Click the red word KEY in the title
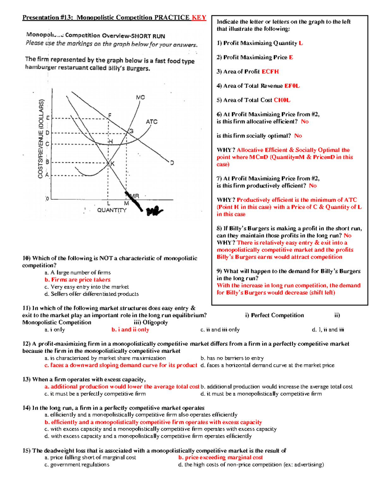[x=199, y=18]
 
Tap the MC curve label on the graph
[x=140, y=97]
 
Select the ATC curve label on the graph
[x=151, y=122]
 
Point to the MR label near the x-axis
[x=135, y=196]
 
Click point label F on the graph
[x=110, y=115]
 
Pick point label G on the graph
[x=131, y=131]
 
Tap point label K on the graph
[x=112, y=164]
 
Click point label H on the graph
[x=111, y=142]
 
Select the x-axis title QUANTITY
[x=111, y=210]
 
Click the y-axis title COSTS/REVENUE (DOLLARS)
[x=40, y=139]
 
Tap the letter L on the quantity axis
[x=109, y=204]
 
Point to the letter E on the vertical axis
[x=48, y=118]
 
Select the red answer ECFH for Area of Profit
[x=270, y=72]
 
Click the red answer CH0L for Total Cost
[x=282, y=100]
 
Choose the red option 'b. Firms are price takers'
[x=77, y=280]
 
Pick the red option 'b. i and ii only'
[x=130, y=330]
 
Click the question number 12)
[x=26, y=344]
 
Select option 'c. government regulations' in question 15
[x=77, y=465]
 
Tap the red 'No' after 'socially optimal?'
[x=298, y=136]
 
